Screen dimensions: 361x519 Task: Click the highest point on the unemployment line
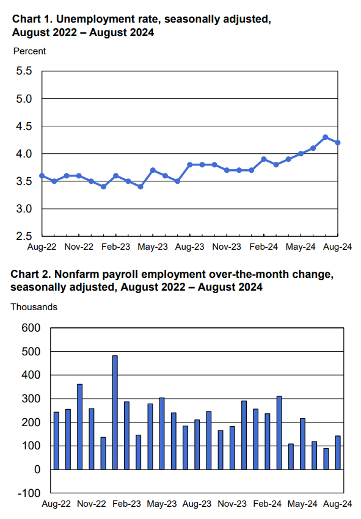(x=325, y=137)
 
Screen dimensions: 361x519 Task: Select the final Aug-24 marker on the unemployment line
(x=338, y=143)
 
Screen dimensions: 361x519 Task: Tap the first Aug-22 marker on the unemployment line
(x=42, y=176)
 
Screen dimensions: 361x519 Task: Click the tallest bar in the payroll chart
(x=115, y=412)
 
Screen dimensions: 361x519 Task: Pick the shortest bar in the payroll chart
(x=326, y=459)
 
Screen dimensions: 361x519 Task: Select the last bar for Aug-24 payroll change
(x=338, y=452)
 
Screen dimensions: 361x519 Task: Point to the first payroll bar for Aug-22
(x=56, y=441)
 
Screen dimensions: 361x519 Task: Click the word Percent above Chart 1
(x=29, y=51)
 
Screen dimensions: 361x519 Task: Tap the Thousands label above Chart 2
(x=34, y=307)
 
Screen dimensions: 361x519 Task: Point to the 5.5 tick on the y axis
(x=24, y=71)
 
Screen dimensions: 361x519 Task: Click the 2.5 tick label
(x=24, y=236)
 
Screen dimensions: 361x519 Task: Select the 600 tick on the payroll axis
(x=31, y=328)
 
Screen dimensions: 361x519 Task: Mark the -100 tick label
(x=29, y=493)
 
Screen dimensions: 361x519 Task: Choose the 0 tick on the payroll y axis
(x=37, y=470)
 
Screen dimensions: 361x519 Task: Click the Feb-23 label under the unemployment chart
(x=115, y=247)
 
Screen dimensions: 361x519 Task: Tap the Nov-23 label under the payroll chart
(x=232, y=504)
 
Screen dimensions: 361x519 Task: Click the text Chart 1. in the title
(x=32, y=19)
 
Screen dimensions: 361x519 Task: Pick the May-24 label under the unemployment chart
(x=301, y=247)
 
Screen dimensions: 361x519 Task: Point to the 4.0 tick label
(x=24, y=154)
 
